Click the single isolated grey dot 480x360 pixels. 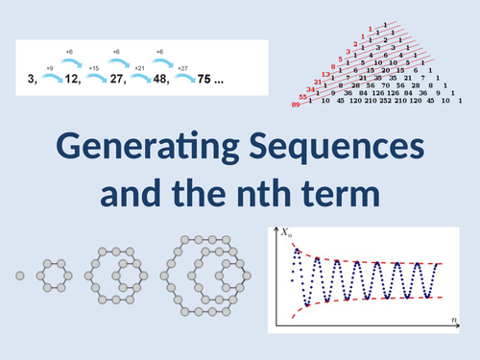tap(18, 276)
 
